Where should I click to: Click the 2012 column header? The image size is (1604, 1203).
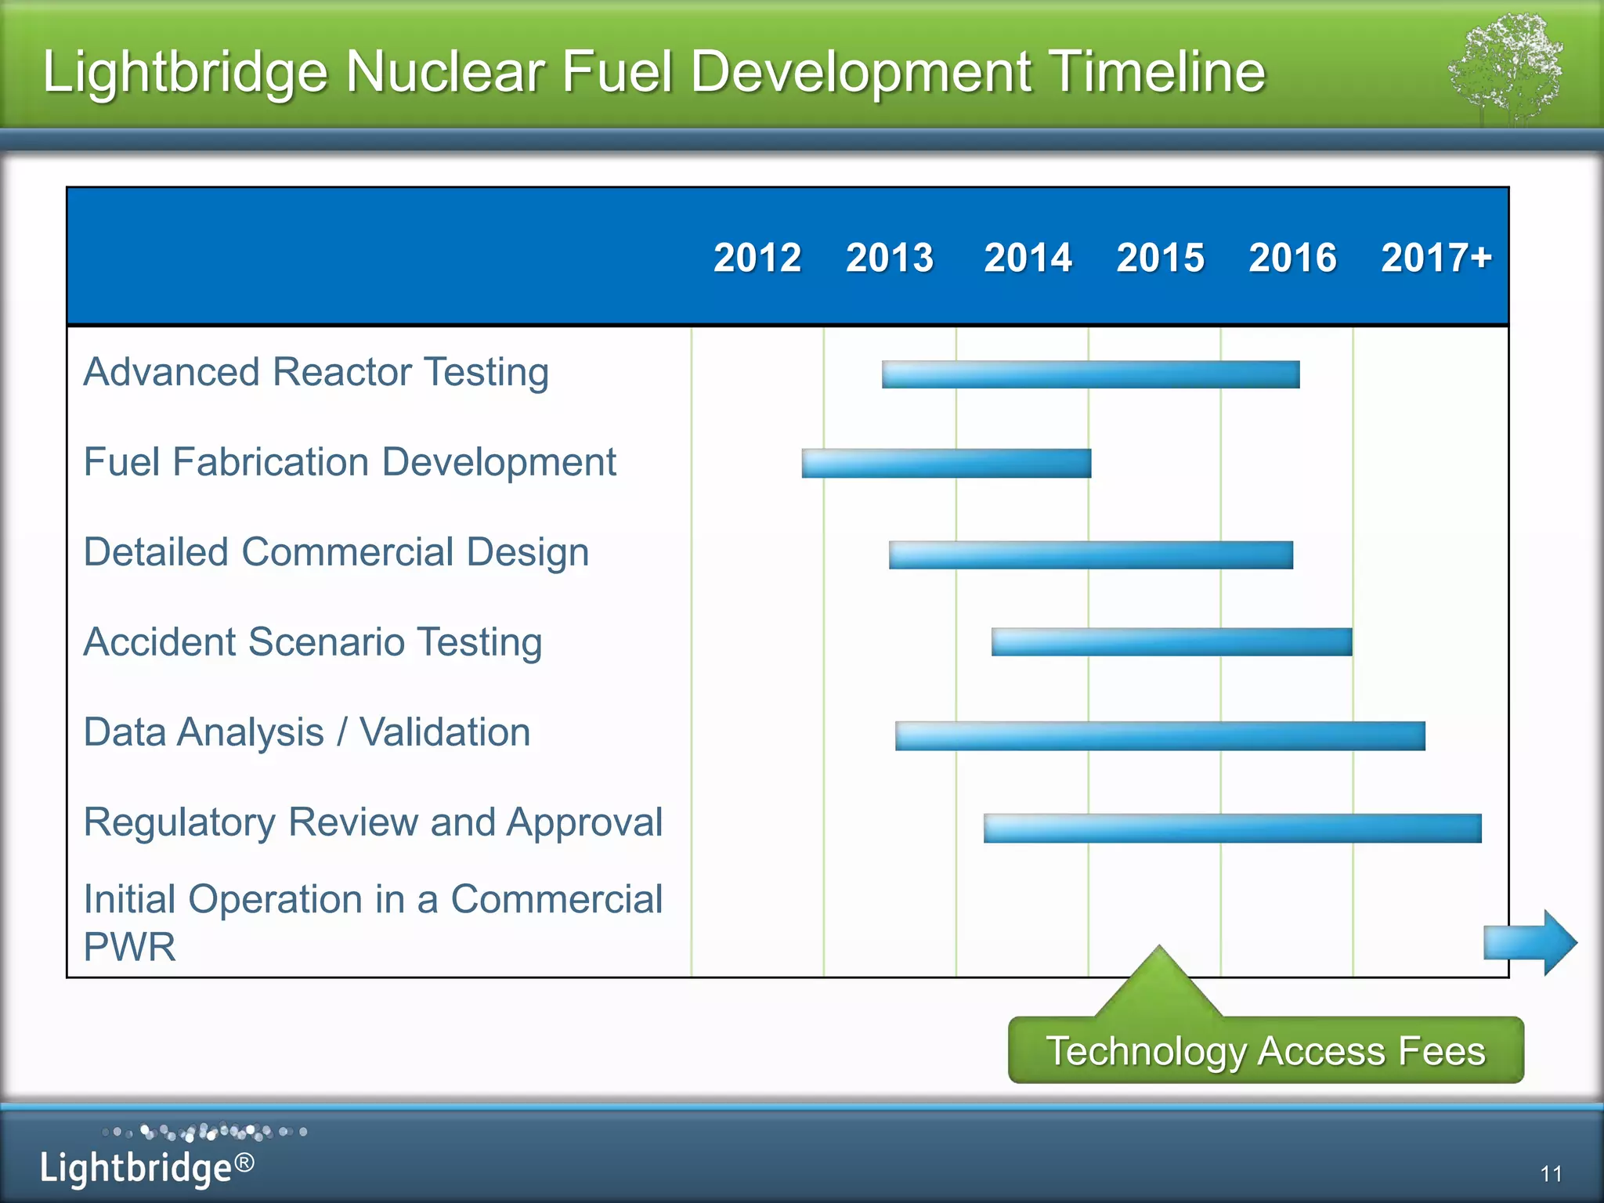click(757, 258)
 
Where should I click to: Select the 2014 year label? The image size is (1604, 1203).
click(1028, 258)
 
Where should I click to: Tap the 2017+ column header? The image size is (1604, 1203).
click(1436, 258)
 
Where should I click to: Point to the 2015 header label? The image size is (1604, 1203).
click(1160, 258)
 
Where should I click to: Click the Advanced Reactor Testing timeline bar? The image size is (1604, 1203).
click(1090, 374)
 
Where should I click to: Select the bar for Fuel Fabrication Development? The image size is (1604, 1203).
click(946, 463)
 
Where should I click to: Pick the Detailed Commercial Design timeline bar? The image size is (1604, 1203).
click(1090, 555)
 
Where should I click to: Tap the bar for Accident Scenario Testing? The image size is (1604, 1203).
click(1172, 642)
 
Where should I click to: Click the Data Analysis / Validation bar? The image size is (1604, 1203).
click(1160, 736)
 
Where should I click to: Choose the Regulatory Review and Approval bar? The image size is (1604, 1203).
click(1232, 829)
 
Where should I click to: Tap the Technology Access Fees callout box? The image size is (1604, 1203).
click(1266, 1051)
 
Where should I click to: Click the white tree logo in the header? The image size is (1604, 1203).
click(1505, 67)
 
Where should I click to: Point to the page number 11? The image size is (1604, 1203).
click(1551, 1173)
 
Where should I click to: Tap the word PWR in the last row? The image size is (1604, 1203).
click(130, 947)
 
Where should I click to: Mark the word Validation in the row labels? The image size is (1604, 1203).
click(445, 733)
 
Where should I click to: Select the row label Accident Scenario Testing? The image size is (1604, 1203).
click(312, 642)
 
